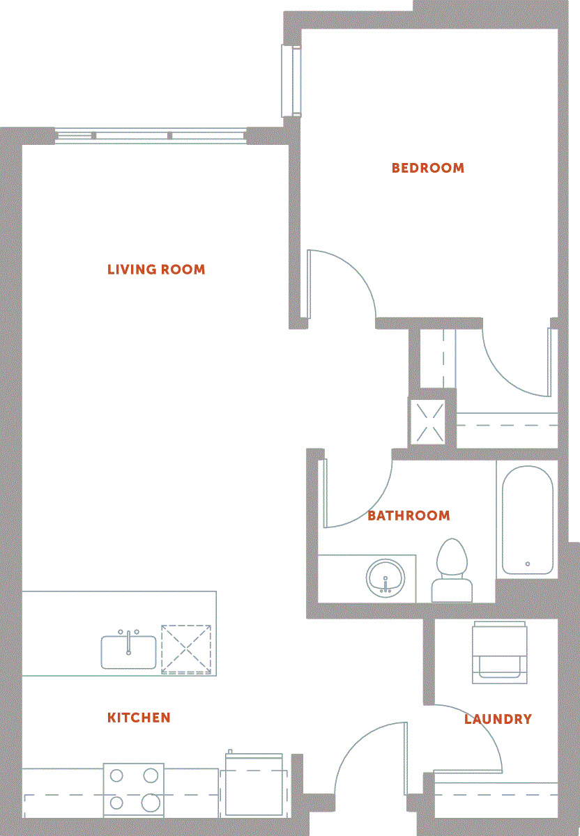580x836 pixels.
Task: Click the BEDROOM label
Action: click(x=427, y=168)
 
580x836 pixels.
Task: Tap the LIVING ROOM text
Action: click(x=156, y=270)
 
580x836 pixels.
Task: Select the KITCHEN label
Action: click(x=139, y=718)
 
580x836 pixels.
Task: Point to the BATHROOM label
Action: click(x=409, y=516)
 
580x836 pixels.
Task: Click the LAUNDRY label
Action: click(x=498, y=719)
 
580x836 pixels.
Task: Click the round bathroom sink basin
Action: click(x=386, y=578)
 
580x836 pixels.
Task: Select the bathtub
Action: click(x=527, y=520)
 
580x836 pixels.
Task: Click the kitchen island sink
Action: click(x=128, y=651)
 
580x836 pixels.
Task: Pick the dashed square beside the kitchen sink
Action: click(x=186, y=650)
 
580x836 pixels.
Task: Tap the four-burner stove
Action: click(x=134, y=790)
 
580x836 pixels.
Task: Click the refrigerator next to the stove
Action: click(x=254, y=784)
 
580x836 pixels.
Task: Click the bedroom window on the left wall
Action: click(x=291, y=81)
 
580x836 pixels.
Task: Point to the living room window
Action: click(x=151, y=136)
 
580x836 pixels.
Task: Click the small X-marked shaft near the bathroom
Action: click(x=428, y=422)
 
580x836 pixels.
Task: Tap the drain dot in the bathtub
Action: click(x=528, y=564)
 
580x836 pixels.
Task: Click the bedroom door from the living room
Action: click(x=342, y=284)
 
